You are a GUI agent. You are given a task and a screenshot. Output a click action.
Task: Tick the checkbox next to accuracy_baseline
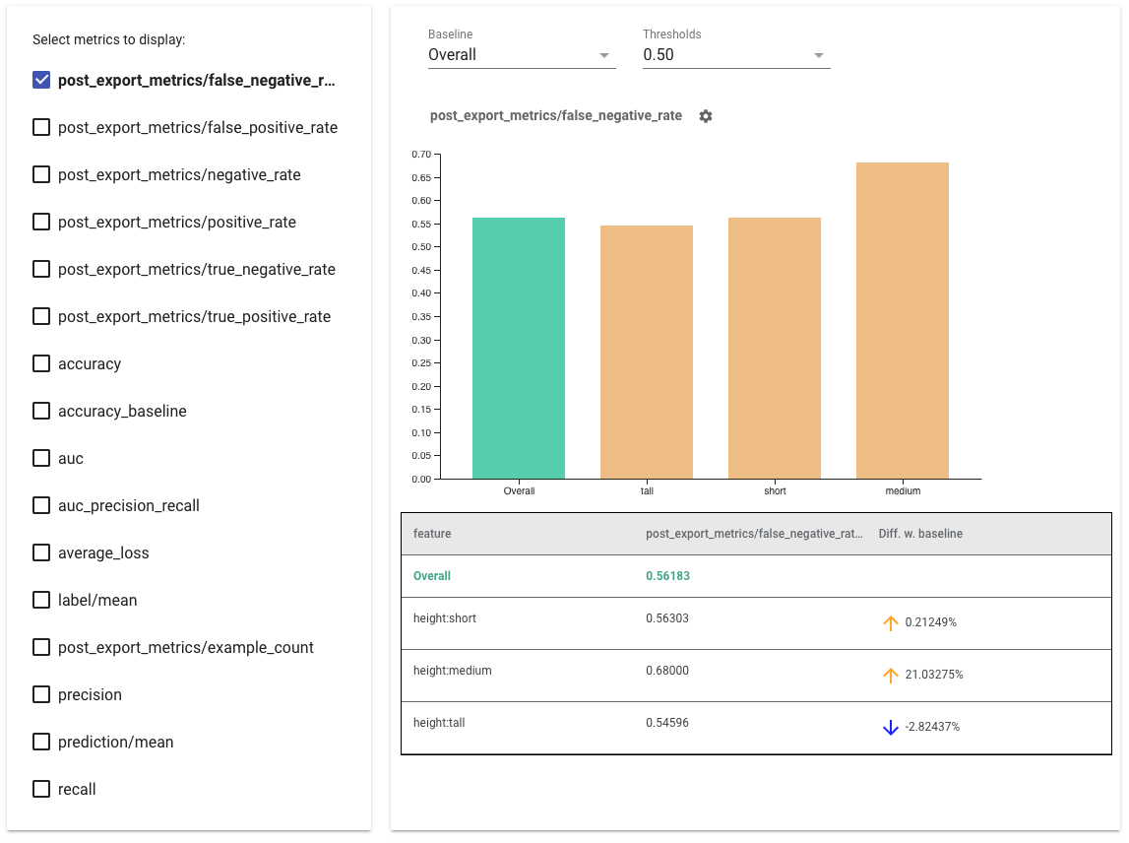pos(41,411)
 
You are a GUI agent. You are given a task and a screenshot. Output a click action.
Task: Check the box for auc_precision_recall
pos(41,505)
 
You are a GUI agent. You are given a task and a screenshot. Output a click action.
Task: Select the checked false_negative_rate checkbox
pos(41,80)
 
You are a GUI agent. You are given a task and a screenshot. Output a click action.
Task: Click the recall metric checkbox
pos(41,789)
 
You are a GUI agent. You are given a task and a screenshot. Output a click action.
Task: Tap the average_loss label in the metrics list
pos(103,552)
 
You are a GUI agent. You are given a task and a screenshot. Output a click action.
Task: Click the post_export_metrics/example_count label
pos(186,647)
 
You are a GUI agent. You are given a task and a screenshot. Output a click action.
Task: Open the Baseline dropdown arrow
pos(604,55)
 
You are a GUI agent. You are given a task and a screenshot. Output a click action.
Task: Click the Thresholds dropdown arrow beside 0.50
pos(819,55)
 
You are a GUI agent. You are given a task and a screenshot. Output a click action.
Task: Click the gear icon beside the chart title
pos(706,116)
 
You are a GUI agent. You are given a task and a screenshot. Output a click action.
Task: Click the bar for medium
pos(903,320)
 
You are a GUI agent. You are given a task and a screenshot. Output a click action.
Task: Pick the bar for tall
pos(647,352)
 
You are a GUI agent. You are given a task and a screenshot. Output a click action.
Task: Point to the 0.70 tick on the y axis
pos(421,154)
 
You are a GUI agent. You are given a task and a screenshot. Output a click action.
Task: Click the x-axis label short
pos(775,490)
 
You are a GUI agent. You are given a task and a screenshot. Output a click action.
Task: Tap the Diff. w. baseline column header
pos(920,534)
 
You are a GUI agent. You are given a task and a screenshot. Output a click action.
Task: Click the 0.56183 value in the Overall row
pos(667,576)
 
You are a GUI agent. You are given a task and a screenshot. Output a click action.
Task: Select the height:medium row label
pos(453,671)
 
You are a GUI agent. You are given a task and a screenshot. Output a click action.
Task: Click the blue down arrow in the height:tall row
pos(891,728)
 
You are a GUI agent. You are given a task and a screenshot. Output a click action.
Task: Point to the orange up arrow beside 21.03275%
pos(891,676)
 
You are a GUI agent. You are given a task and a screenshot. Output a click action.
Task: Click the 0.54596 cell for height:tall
pos(667,723)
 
